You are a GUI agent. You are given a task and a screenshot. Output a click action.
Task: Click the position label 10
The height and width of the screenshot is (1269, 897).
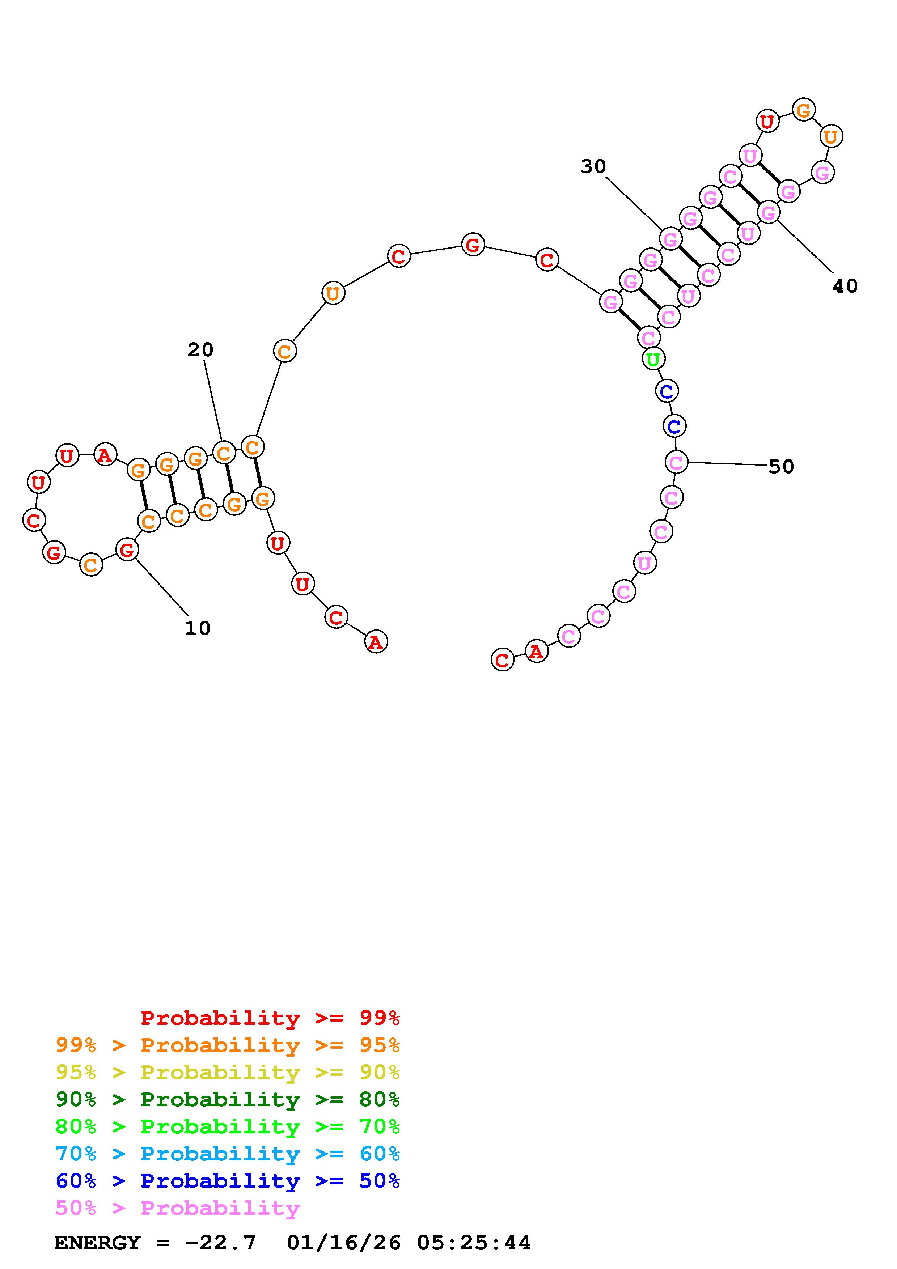click(x=197, y=628)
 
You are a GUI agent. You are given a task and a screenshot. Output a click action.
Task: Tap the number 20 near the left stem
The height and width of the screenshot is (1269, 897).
click(x=200, y=349)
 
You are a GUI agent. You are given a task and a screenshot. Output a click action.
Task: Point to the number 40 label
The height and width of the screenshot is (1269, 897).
click(x=845, y=286)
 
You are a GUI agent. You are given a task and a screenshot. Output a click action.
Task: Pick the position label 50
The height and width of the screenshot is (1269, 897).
click(x=781, y=467)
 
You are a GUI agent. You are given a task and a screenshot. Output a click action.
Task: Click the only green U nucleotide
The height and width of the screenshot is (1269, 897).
click(x=653, y=359)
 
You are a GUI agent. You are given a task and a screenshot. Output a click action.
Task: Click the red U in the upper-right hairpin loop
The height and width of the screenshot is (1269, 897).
click(x=767, y=121)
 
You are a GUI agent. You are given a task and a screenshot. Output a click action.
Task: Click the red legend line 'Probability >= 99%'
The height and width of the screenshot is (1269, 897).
click(x=270, y=1018)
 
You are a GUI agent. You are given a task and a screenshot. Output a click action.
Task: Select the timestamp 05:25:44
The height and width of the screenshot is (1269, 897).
click(x=474, y=1243)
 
